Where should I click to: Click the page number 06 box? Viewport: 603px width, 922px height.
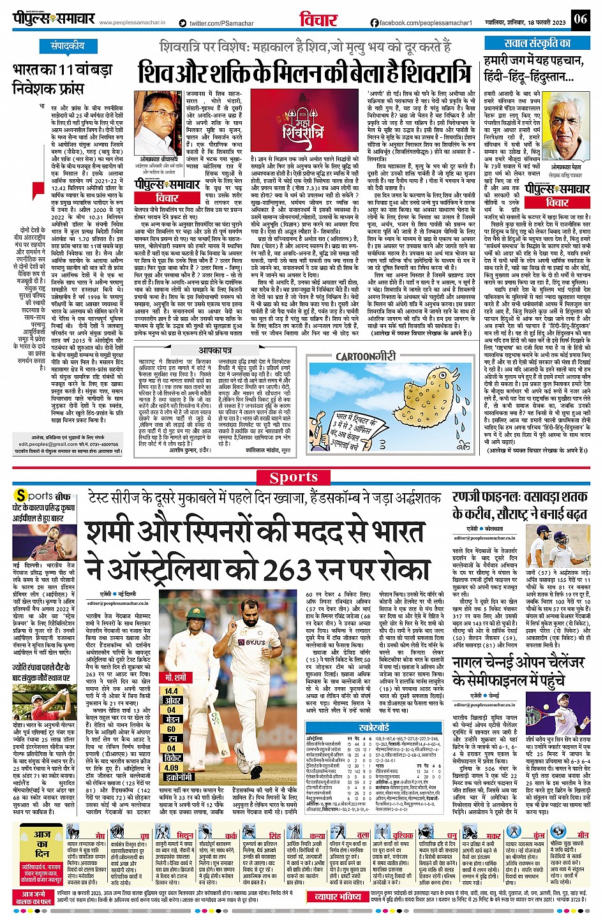(579, 19)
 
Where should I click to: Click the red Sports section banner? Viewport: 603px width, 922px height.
(294, 477)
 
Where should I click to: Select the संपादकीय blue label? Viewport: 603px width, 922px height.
(68, 46)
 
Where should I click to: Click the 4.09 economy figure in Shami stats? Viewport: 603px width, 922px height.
(172, 768)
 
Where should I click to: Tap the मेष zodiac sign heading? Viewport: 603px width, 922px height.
(100, 835)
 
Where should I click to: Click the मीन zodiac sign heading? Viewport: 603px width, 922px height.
(583, 835)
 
